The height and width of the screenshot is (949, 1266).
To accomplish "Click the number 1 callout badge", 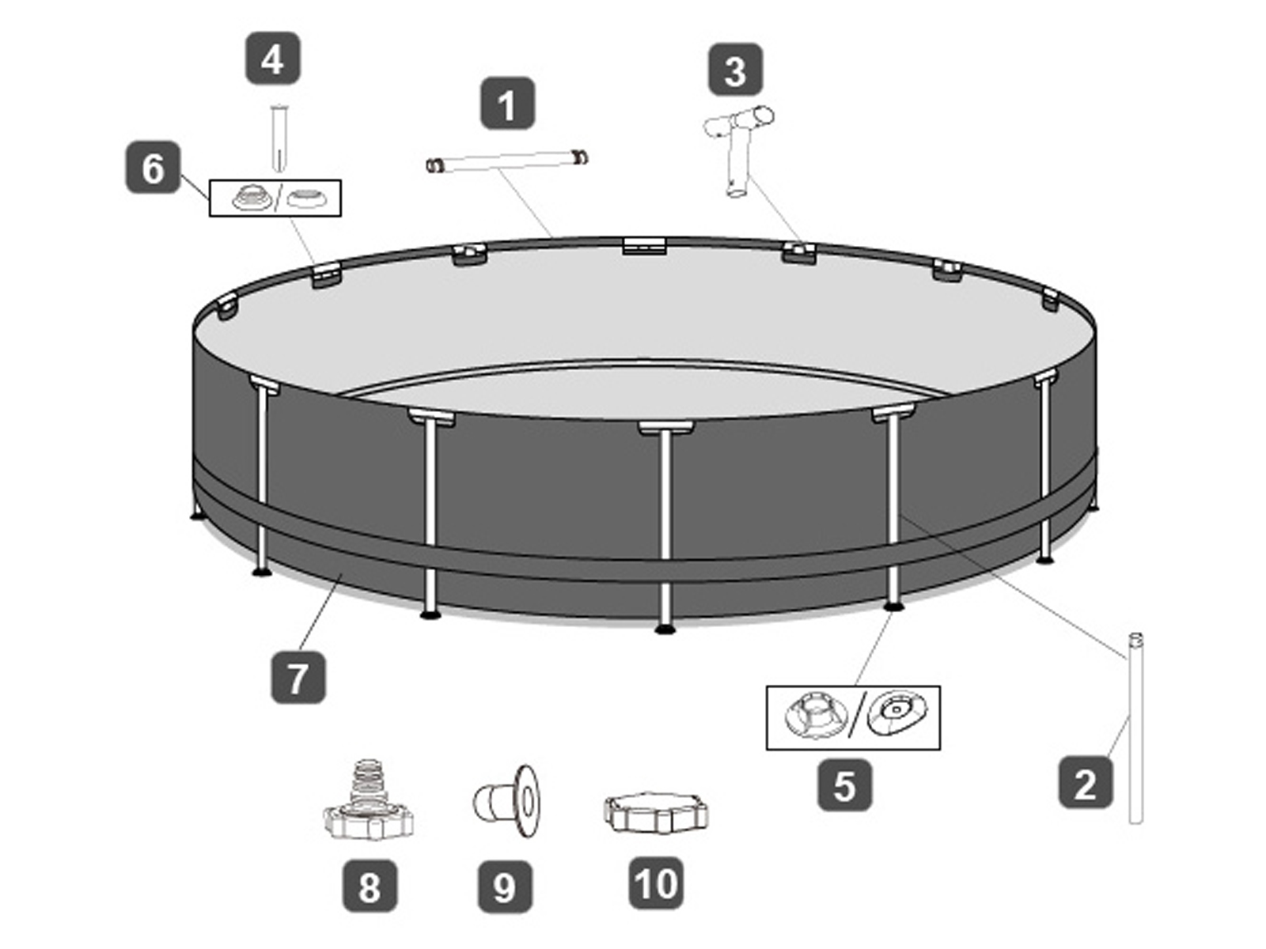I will [507, 104].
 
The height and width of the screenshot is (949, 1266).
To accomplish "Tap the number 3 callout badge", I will [735, 70].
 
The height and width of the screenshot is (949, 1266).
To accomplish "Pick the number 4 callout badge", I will [272, 59].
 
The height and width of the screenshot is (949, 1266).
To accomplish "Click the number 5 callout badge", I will [845, 785].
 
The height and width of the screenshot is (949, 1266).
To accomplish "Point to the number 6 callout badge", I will [153, 168].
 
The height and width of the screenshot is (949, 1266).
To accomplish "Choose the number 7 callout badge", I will [298, 677].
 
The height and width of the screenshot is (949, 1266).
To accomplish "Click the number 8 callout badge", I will [370, 886].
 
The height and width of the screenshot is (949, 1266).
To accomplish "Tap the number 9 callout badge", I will [505, 887].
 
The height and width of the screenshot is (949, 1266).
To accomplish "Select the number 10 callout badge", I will [656, 883].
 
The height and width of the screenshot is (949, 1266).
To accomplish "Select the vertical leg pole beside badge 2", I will [1135, 728].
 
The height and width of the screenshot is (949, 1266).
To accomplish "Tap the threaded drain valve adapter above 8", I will [368, 800].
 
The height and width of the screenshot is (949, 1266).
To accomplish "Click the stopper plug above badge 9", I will [506, 800].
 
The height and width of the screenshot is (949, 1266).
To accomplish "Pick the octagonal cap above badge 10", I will [655, 813].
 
